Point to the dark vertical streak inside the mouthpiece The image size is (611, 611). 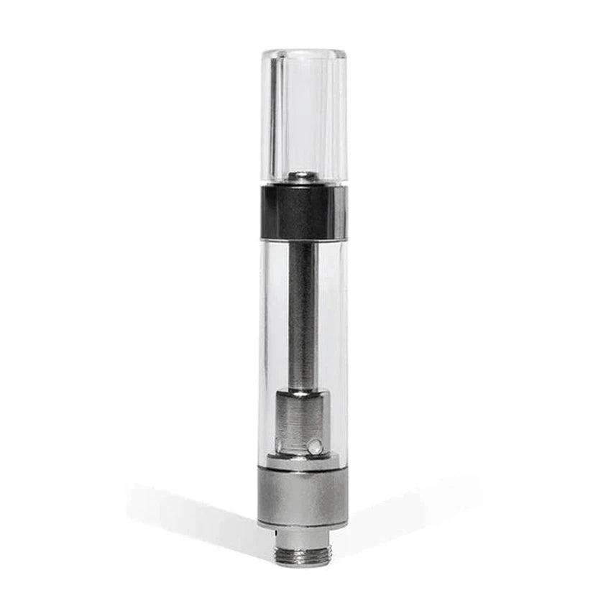(273, 115)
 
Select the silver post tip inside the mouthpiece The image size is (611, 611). (303, 176)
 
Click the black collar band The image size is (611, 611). (302, 212)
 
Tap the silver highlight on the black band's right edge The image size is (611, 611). (343, 212)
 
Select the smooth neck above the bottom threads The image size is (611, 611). (303, 538)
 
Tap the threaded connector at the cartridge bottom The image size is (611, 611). (303, 555)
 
